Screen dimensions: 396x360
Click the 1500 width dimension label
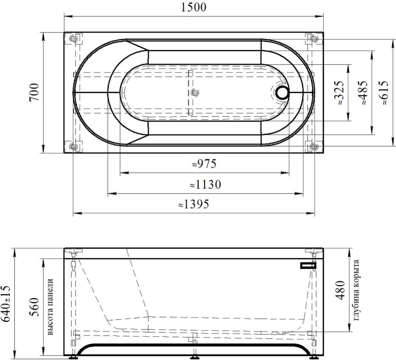pos(194,7)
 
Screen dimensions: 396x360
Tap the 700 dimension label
pos(34,92)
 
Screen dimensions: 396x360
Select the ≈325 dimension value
pos(338,93)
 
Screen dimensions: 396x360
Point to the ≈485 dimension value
pos(362,93)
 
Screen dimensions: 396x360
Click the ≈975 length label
pos(204,164)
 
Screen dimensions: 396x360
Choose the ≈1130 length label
pos(205,184)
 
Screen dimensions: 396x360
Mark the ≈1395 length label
pos(194,204)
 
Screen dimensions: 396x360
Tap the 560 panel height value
pos(34,307)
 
